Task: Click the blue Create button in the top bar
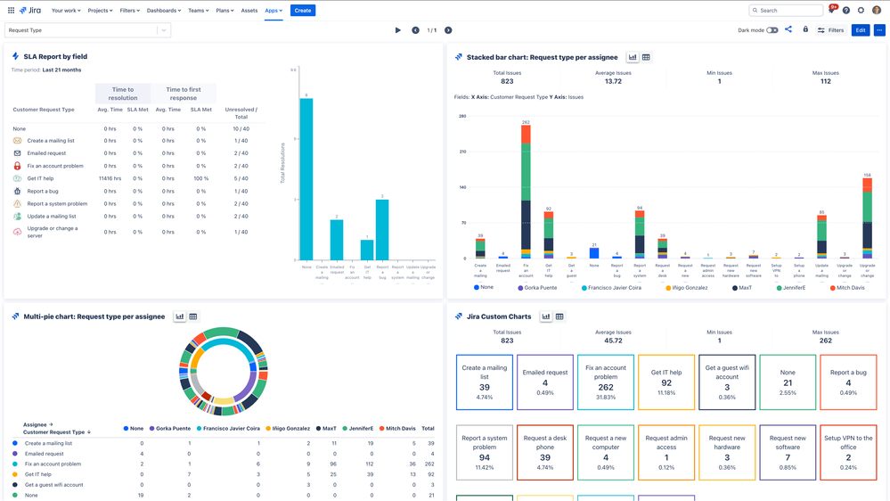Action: (303, 11)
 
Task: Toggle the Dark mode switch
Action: (772, 30)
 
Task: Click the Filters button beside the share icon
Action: (830, 30)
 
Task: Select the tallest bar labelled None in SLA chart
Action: (306, 178)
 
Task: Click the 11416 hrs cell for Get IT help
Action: (110, 178)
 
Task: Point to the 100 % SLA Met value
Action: (201, 178)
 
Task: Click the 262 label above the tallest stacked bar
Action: (527, 122)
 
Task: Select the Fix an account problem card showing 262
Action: (605, 382)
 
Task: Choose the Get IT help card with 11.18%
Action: (666, 382)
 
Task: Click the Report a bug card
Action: (847, 382)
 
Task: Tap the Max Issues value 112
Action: (825, 81)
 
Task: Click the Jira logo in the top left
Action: (29, 11)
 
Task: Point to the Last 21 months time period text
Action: (61, 70)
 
